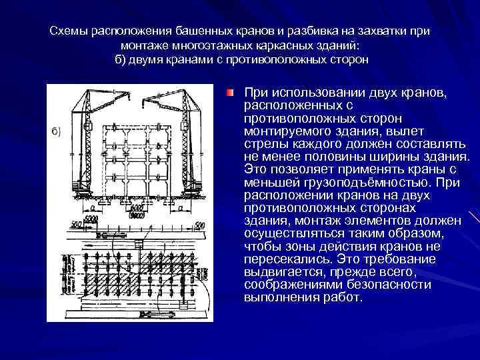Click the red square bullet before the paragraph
pyautogui.click(x=230, y=91)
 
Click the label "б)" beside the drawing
pyautogui.click(x=56, y=131)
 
